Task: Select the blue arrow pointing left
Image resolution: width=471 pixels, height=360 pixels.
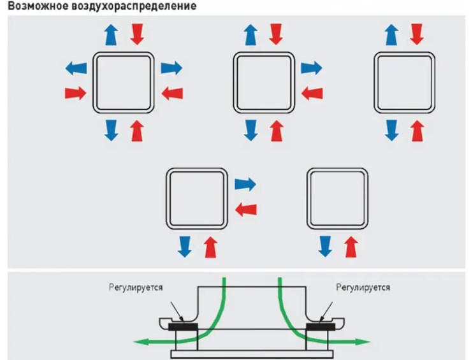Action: (x=76, y=67)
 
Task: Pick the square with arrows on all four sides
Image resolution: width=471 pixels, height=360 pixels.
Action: (x=124, y=81)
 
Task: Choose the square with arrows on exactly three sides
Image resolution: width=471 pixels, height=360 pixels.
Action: (x=264, y=81)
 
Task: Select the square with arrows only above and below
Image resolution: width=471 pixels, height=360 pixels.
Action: (x=404, y=81)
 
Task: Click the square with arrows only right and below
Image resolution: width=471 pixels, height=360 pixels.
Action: (x=196, y=198)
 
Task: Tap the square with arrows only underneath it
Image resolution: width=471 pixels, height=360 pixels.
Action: (x=337, y=198)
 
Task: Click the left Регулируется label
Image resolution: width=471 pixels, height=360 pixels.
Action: (x=135, y=287)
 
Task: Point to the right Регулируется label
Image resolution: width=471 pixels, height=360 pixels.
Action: (x=363, y=287)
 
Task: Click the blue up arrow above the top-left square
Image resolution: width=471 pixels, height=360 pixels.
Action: (x=111, y=33)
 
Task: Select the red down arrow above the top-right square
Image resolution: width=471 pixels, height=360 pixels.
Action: (x=417, y=33)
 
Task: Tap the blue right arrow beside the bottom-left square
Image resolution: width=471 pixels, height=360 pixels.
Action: (x=245, y=185)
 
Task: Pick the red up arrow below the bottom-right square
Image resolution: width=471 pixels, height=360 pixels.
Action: (x=350, y=246)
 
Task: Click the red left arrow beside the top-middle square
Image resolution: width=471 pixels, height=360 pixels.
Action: (x=311, y=93)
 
